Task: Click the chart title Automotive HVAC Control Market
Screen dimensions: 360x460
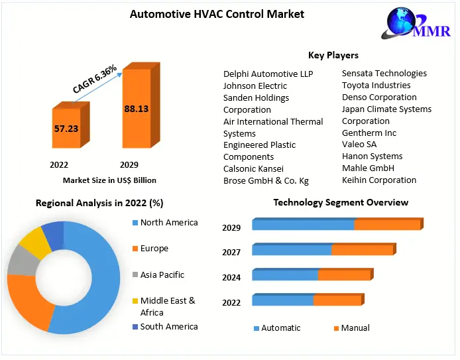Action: coord(217,14)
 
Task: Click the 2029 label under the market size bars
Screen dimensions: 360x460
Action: coord(129,164)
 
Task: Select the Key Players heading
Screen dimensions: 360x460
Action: coord(333,55)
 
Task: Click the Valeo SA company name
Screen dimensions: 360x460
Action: coord(359,145)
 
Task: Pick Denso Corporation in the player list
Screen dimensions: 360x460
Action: coord(379,97)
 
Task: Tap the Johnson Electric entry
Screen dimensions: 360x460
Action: coord(255,86)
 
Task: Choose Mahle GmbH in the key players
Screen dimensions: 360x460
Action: coord(368,168)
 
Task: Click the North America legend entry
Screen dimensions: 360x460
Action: coord(168,223)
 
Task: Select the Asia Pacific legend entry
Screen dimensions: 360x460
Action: coord(162,274)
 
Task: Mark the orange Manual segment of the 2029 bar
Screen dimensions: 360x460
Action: coord(387,225)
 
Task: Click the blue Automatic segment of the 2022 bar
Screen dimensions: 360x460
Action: coord(282,300)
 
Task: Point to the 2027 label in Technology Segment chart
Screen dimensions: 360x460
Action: coord(231,252)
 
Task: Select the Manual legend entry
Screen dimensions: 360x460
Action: coord(355,328)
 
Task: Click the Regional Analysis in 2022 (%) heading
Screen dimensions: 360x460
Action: coord(99,203)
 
